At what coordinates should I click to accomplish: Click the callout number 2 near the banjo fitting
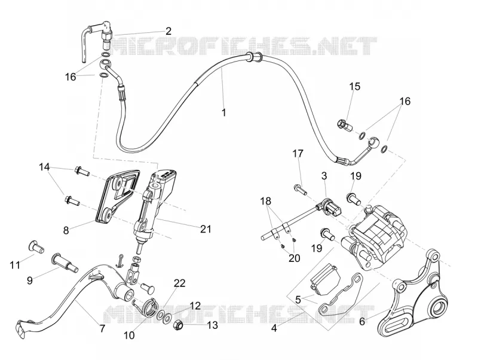pos(168,31)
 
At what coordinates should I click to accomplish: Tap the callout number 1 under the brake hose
pos(224,112)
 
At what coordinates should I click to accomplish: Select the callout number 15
pos(355,86)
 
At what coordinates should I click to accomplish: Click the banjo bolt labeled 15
pos(345,124)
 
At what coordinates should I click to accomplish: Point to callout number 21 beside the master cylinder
pos(206,228)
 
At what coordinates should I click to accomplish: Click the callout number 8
pos(66,230)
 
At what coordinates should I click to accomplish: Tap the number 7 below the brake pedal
pos(102,328)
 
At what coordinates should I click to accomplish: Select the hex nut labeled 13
pos(177,326)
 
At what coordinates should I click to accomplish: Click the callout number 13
pos(212,325)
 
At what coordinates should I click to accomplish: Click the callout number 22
pos(180,283)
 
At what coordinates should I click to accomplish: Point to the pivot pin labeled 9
pos(65,263)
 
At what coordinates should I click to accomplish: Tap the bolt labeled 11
pos(36,246)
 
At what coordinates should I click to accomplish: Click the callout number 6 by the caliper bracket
pos(362,322)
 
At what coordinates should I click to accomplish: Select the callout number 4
pos(274,328)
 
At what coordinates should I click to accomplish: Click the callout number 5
pos(298,299)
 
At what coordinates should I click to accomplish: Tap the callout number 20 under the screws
pos(294,258)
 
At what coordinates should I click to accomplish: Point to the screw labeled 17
pos(301,190)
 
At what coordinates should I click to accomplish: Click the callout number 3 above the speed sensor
pos(324,175)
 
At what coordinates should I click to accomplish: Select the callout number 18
pos(265,201)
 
